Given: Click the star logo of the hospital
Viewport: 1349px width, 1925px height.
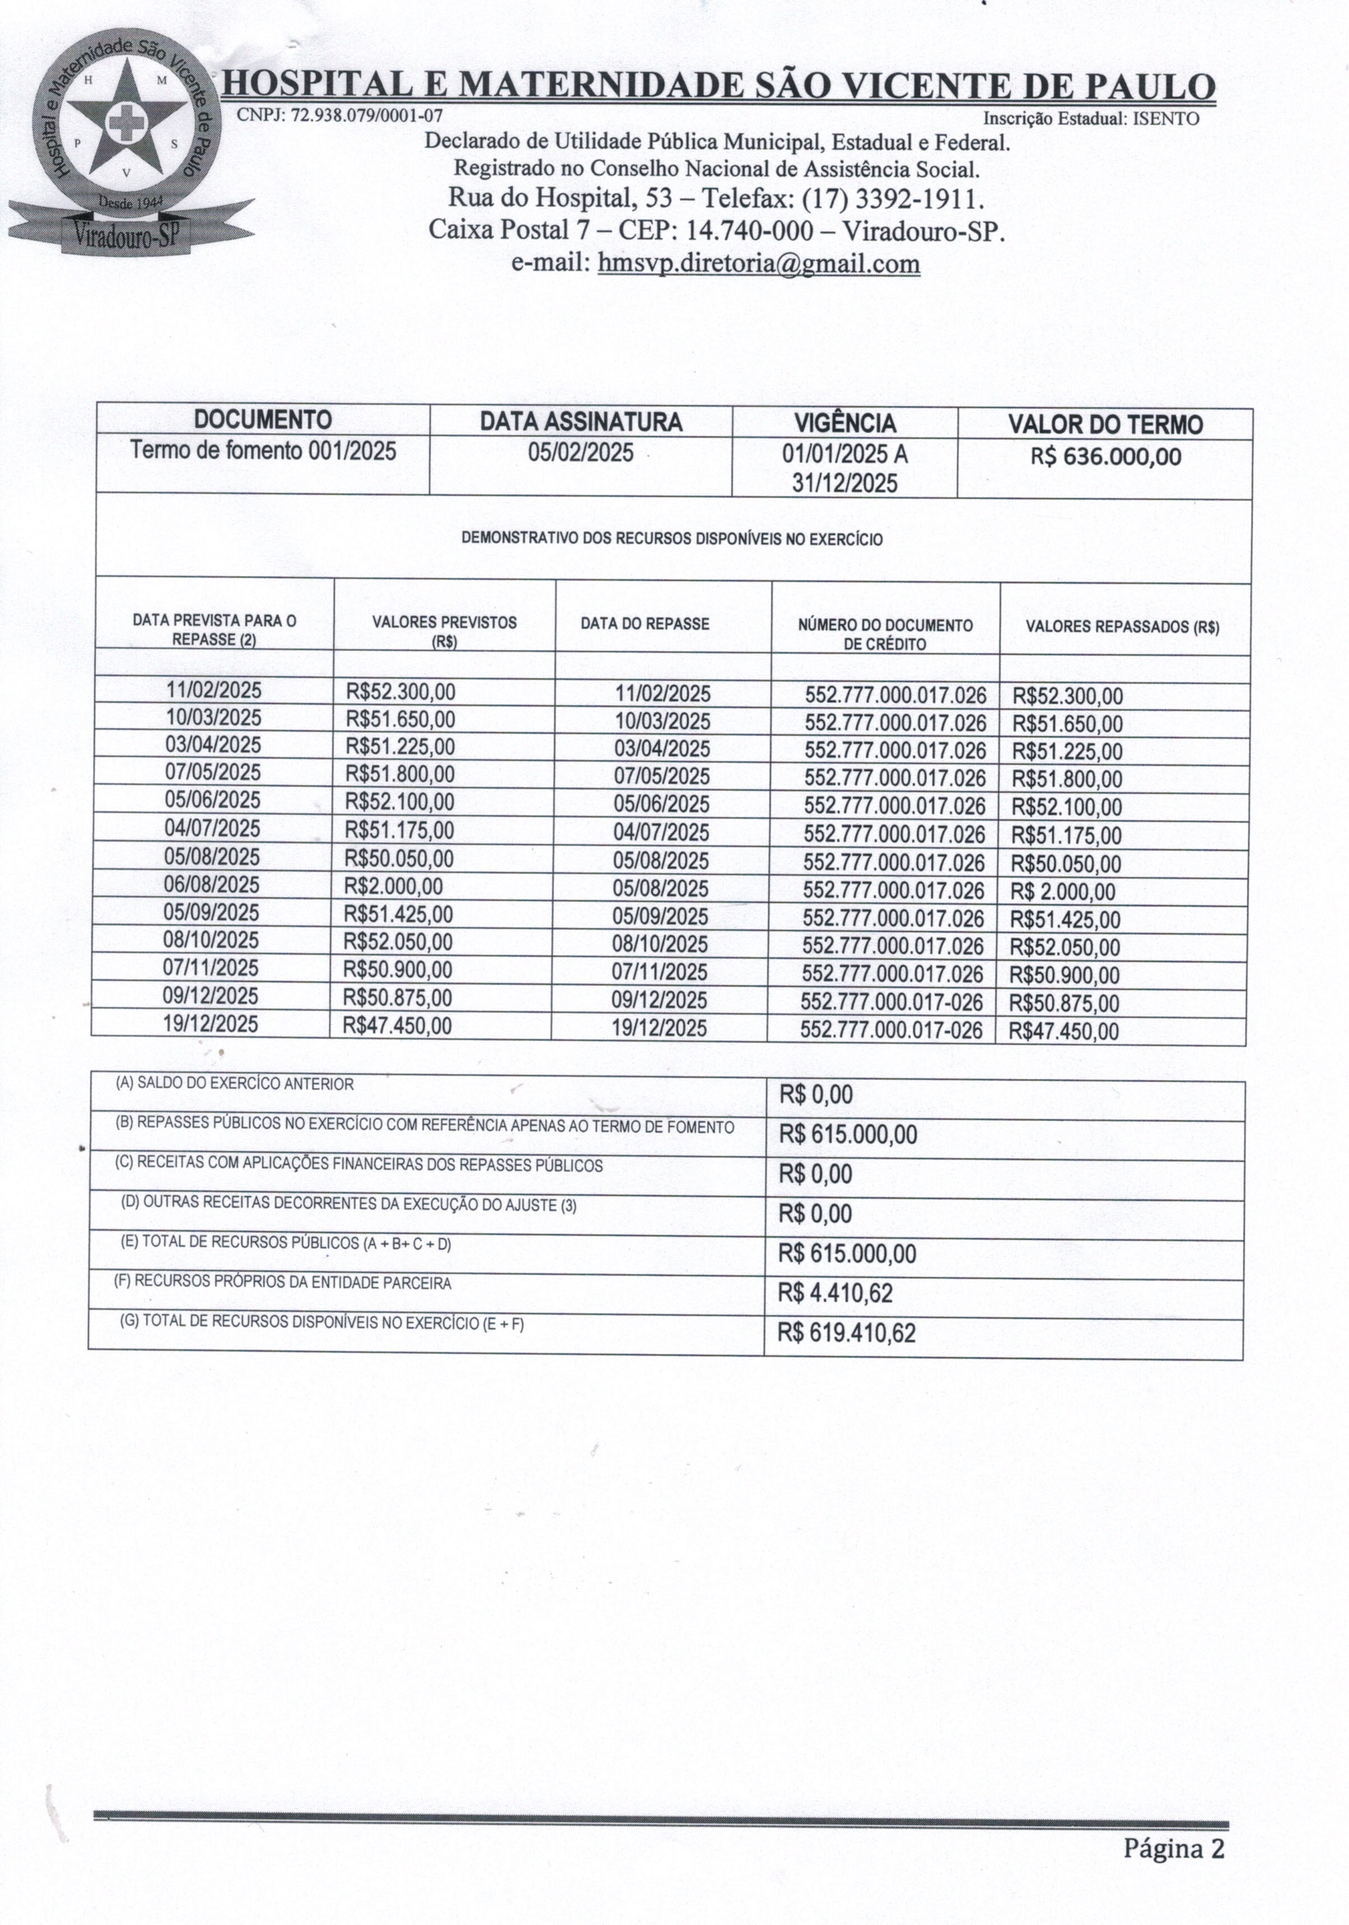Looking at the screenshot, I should [126, 124].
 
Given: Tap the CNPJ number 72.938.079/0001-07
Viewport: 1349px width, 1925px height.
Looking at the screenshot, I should [366, 115].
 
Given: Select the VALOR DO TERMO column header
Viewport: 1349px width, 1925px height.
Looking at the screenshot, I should [1104, 424].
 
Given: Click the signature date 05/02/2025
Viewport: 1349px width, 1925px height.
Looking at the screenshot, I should [580, 453].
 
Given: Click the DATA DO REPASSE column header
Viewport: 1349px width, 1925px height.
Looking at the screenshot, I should [644, 624].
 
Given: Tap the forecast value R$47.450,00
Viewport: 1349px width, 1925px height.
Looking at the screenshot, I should [398, 1026].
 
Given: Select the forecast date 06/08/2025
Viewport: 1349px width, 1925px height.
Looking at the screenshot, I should [212, 884].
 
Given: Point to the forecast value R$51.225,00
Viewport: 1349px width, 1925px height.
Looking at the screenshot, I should [400, 746].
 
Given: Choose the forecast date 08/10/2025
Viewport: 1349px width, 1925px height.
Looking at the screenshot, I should [211, 940].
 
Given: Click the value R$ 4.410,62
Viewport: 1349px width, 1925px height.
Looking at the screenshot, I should [834, 1293].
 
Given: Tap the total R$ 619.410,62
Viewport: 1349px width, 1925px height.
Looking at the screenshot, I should [846, 1333].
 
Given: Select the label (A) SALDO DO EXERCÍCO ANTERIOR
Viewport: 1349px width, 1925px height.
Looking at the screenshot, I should [235, 1083].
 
